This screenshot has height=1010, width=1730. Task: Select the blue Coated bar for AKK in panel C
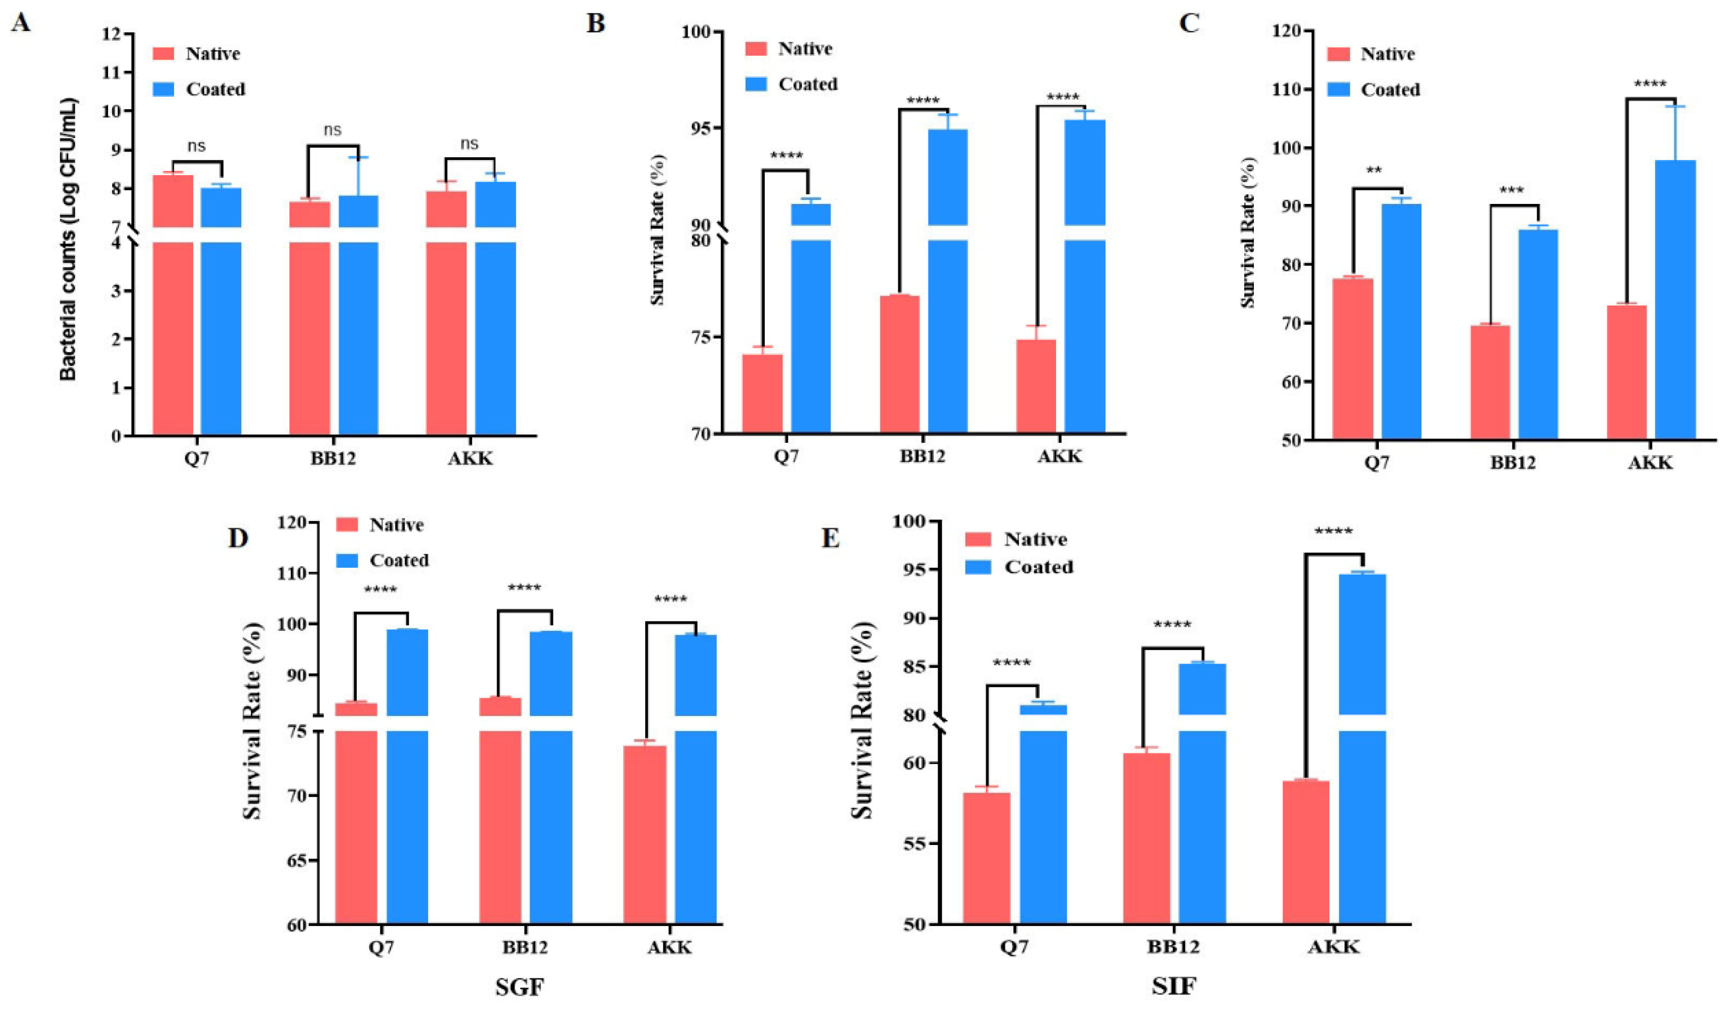point(1675,300)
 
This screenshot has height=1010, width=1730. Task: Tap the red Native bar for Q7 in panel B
point(762,394)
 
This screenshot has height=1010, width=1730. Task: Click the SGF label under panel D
point(520,987)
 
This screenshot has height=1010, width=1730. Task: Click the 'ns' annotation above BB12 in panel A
point(332,130)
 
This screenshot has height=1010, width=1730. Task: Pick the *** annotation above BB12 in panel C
point(1512,189)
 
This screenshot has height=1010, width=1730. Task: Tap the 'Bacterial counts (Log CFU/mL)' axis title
point(68,239)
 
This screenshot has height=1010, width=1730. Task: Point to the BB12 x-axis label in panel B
point(922,456)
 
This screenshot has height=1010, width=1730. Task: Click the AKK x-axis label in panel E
point(1333,947)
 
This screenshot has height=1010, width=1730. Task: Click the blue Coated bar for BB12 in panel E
point(1202,793)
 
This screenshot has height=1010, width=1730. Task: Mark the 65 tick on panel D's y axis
point(299,860)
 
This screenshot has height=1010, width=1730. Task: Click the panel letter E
point(830,538)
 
